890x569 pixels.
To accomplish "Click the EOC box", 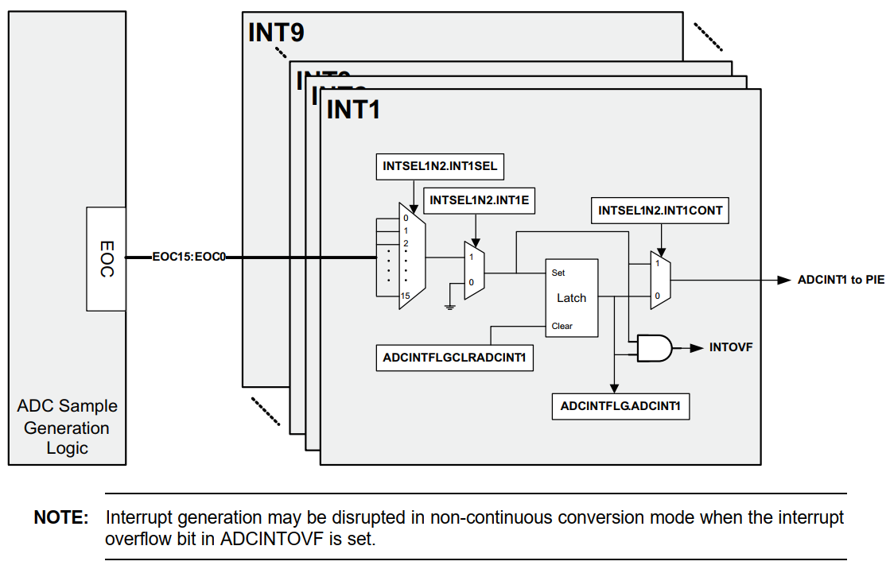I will tap(106, 259).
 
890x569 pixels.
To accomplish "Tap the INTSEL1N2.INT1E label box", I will tap(480, 201).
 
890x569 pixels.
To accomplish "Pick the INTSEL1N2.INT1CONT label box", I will tap(660, 211).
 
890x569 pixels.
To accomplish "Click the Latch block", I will tap(571, 298).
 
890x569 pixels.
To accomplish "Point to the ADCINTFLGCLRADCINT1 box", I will tap(455, 358).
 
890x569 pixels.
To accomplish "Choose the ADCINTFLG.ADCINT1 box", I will tap(620, 406).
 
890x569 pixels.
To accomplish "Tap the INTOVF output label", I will tap(731, 347).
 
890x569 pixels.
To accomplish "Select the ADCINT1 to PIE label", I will tap(841, 280).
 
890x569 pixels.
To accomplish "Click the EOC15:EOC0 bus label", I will tap(190, 257).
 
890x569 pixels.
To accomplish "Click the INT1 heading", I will tap(353, 109).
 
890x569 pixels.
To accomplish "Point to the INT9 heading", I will tap(276, 33).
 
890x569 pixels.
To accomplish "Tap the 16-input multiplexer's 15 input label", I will tap(405, 296).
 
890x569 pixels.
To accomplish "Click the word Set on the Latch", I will tap(558, 273).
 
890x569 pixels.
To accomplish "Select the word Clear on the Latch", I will tap(562, 326).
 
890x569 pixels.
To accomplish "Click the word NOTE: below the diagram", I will tap(61, 518).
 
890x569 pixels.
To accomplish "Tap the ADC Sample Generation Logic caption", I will tap(67, 427).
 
